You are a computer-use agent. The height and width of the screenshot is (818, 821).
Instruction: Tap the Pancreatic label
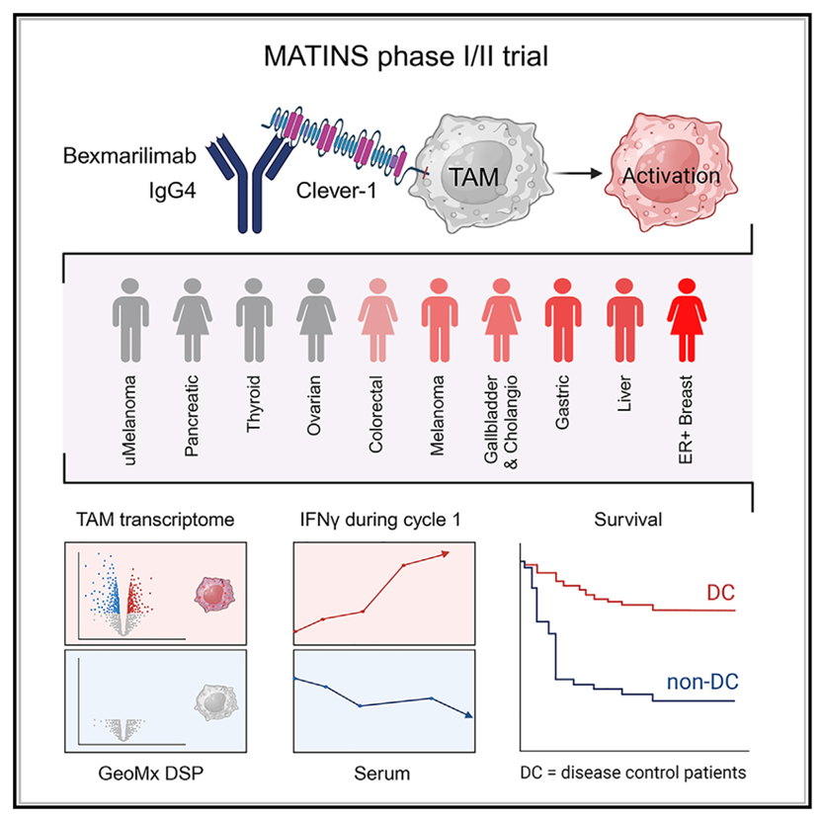point(191,400)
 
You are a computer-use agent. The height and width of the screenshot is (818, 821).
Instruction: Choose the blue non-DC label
point(702,681)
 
